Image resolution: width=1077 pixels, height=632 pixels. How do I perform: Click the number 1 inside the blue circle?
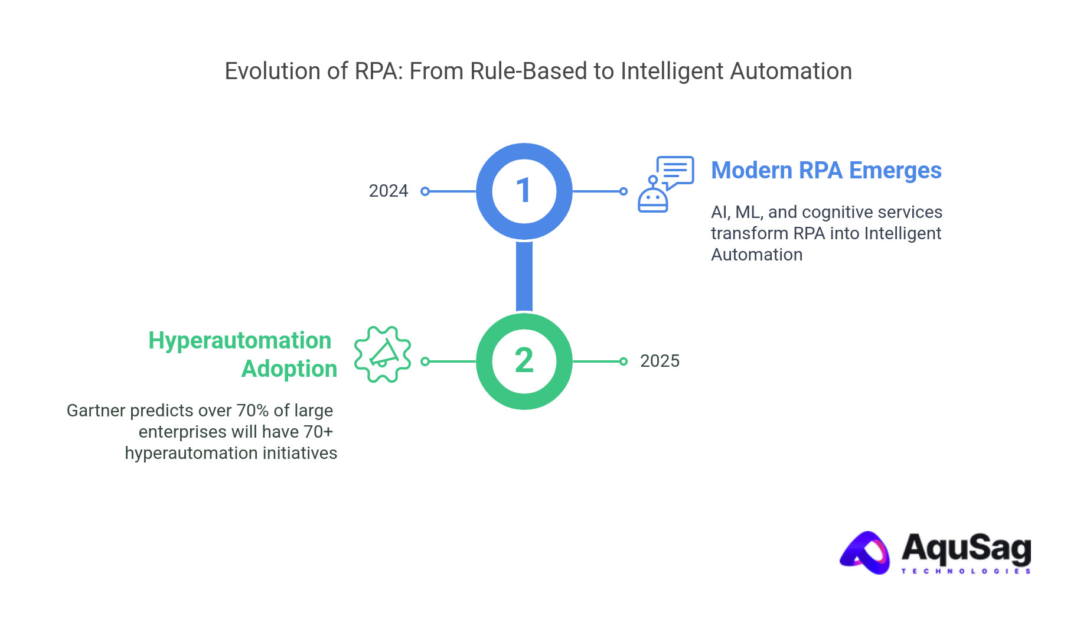(x=523, y=191)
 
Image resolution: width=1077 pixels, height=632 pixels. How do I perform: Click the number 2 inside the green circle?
(x=524, y=360)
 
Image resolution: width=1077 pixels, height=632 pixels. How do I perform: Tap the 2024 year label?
(x=389, y=191)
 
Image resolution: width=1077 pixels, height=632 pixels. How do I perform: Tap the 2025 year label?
(x=660, y=361)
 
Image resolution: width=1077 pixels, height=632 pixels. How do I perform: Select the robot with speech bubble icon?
(x=664, y=184)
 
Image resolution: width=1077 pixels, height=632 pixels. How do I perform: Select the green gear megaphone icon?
(x=383, y=354)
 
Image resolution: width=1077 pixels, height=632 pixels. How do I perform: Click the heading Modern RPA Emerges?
(x=826, y=170)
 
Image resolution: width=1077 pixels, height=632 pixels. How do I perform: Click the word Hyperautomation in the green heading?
(x=240, y=341)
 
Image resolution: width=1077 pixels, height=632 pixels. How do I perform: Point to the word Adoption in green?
(x=289, y=369)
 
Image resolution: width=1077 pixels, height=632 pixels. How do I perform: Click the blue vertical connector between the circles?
(x=524, y=276)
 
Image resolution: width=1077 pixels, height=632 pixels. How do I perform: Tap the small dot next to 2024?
(x=425, y=191)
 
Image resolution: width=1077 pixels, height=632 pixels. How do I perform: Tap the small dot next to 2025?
(x=624, y=361)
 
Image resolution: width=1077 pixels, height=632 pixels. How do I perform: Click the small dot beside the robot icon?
(x=624, y=191)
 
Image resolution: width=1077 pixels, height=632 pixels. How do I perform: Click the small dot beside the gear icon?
(x=425, y=361)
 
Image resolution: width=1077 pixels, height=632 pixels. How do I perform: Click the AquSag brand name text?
(x=965, y=548)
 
